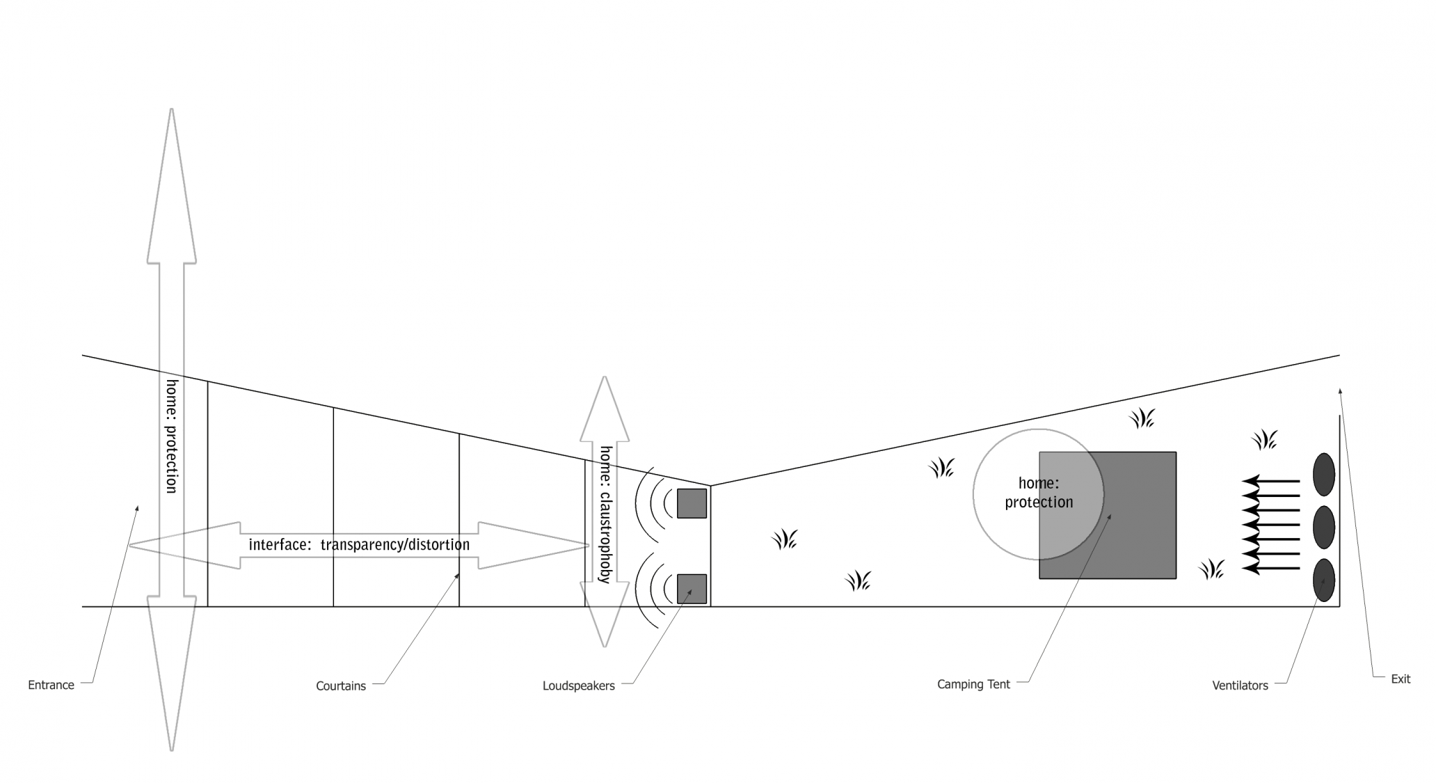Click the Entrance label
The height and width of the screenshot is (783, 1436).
pos(51,685)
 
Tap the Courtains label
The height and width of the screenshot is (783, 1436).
pos(341,686)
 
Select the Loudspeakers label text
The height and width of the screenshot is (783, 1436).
pos(579,686)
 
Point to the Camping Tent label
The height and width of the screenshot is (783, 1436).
pos(973,684)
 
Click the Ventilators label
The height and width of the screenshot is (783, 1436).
pos(1240,686)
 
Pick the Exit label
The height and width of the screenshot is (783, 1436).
pos(1401,679)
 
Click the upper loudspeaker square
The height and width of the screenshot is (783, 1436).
pos(692,503)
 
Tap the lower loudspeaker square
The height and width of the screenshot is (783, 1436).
pos(692,589)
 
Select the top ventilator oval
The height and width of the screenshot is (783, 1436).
pos(1323,475)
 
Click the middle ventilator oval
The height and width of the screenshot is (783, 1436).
pos(1323,528)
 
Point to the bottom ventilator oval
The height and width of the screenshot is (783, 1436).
pos(1323,580)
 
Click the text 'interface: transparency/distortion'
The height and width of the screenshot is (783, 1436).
pos(359,544)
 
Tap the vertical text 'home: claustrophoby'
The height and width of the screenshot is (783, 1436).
pos(605,514)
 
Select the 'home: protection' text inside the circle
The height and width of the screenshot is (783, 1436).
pos(1039,493)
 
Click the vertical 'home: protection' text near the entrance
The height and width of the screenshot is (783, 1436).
pos(172,436)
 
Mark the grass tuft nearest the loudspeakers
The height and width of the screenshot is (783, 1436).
pos(785,539)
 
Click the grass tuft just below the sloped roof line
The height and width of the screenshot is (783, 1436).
pos(1142,418)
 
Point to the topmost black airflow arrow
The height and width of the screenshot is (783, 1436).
pos(1270,481)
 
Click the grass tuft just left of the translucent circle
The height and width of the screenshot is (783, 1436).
pos(942,468)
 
